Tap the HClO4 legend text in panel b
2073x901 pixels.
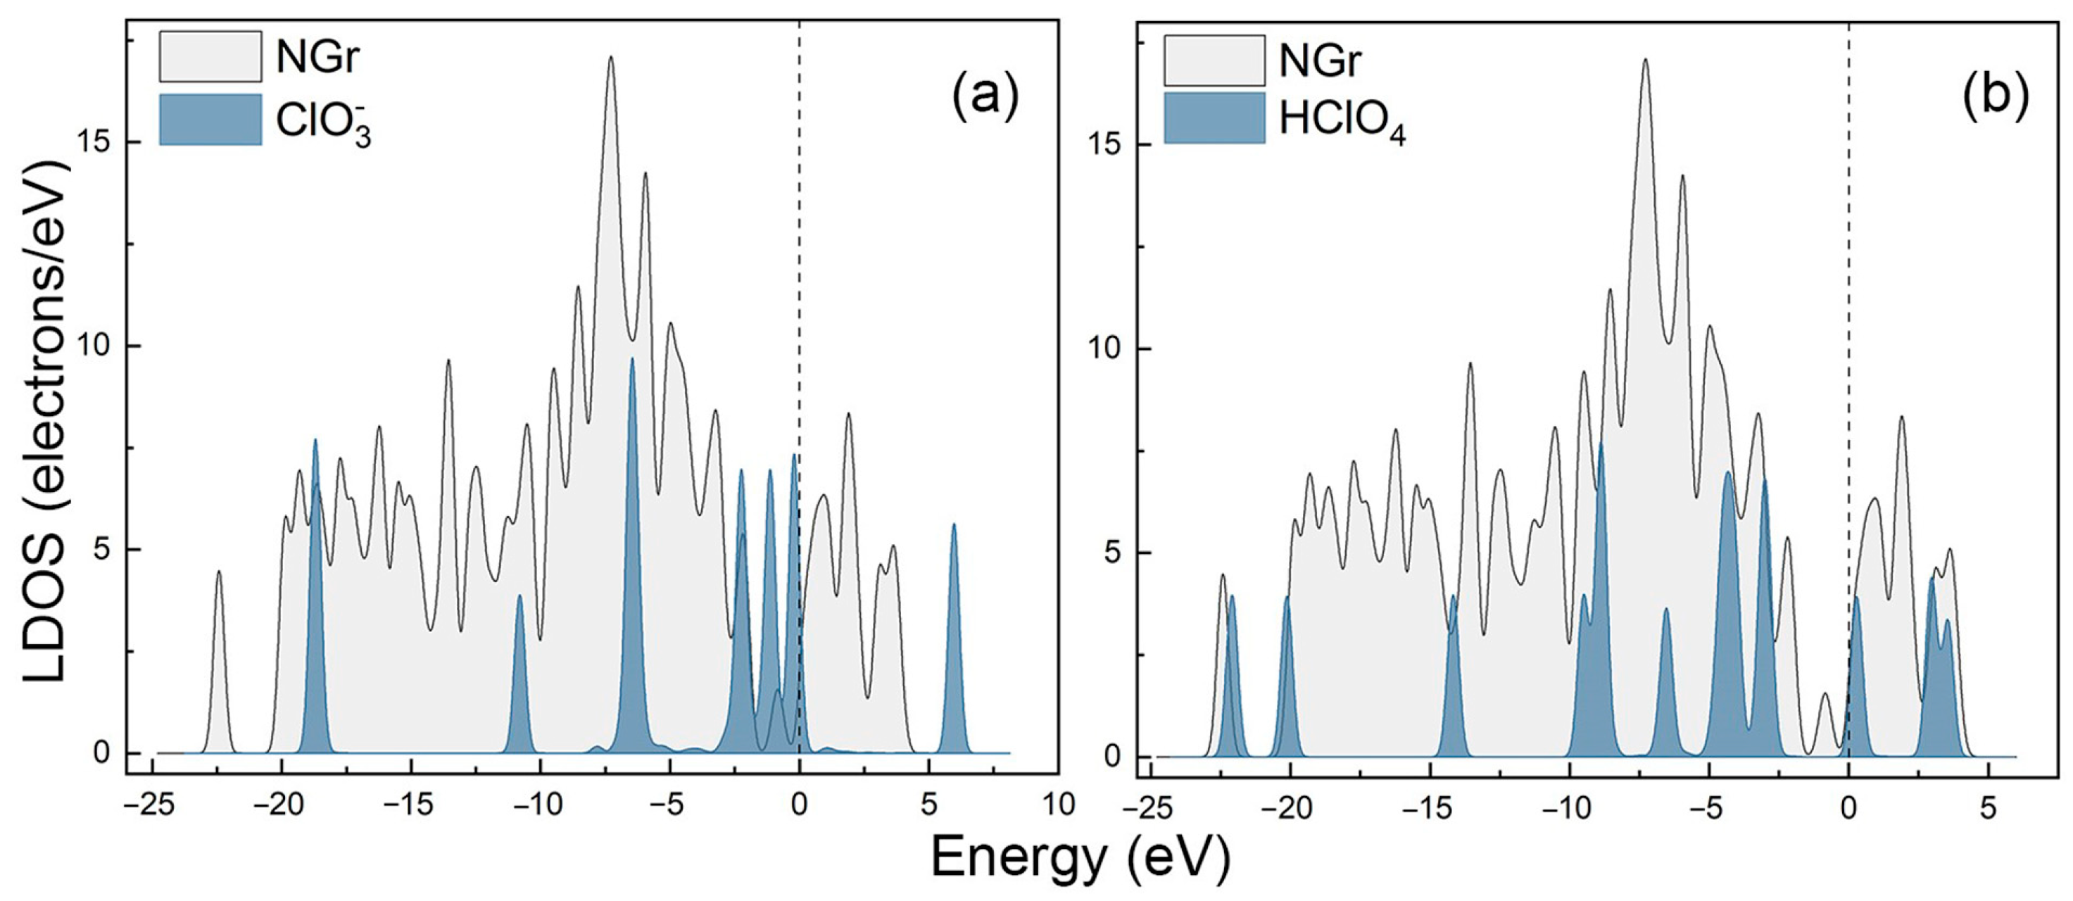(1342, 122)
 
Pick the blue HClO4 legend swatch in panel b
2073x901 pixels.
(1214, 118)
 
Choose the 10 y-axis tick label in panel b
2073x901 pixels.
(1105, 350)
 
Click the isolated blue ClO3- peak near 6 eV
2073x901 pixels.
(954, 643)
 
